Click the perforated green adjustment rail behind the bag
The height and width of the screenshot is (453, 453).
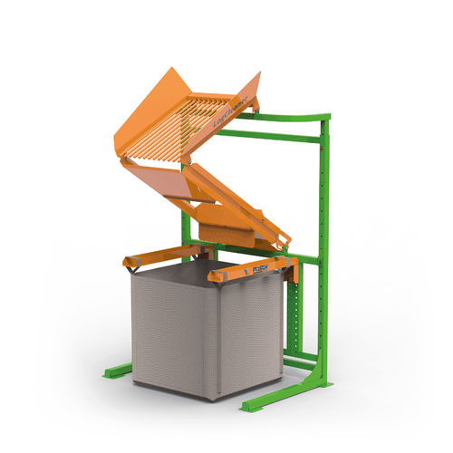point(293,317)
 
